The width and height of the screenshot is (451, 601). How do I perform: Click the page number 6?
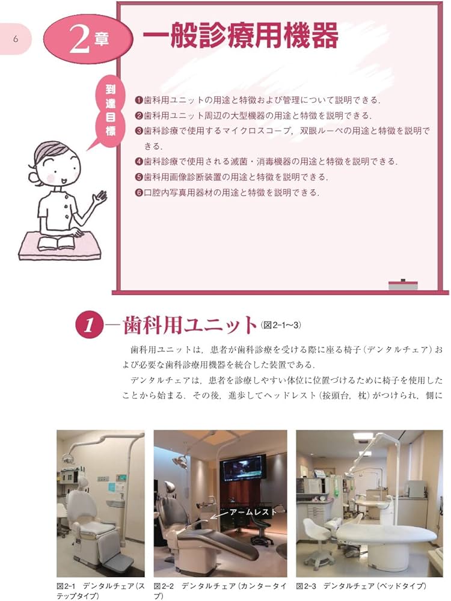(x=16, y=39)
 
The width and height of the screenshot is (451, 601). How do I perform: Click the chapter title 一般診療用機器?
(x=240, y=37)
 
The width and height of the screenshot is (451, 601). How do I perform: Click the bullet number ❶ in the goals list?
(x=139, y=100)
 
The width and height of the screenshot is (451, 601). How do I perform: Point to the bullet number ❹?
(x=139, y=162)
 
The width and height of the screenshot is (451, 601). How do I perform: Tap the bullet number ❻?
(x=139, y=193)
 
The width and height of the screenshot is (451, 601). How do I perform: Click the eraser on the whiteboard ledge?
(x=402, y=283)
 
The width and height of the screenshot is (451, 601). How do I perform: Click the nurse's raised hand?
(x=99, y=197)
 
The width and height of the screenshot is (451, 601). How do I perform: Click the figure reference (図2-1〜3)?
(x=281, y=325)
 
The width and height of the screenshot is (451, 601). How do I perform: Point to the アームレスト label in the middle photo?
(x=252, y=512)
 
